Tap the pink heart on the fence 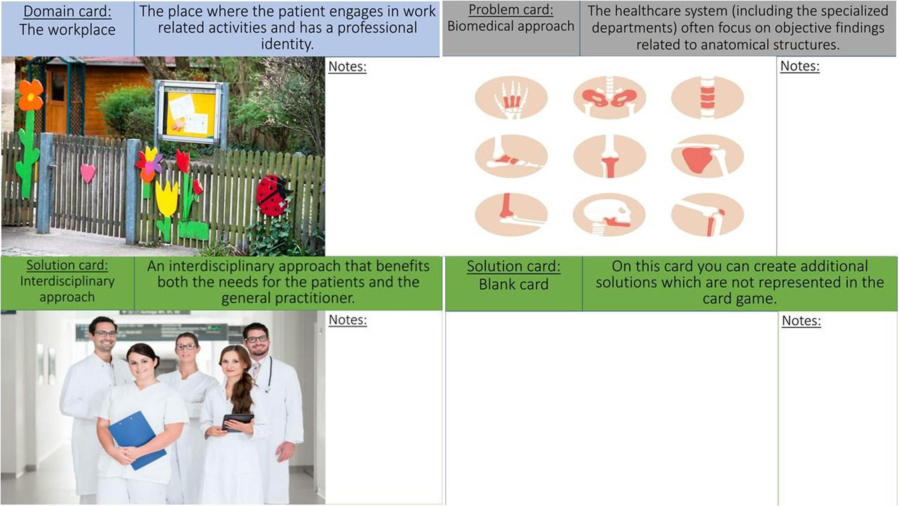click(88, 173)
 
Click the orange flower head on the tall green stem click(31, 95)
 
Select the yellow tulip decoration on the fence click(166, 198)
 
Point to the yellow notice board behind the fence click(191, 113)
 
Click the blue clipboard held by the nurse click(136, 440)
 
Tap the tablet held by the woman click(238, 422)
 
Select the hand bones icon click(511, 98)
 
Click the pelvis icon click(610, 98)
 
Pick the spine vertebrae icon click(708, 98)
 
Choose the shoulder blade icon click(708, 156)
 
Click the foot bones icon click(511, 156)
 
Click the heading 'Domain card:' click(67, 11)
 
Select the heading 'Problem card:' click(511, 9)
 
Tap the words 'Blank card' click(513, 284)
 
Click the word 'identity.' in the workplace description click(287, 44)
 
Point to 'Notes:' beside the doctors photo click(348, 320)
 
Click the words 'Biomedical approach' click(511, 26)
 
